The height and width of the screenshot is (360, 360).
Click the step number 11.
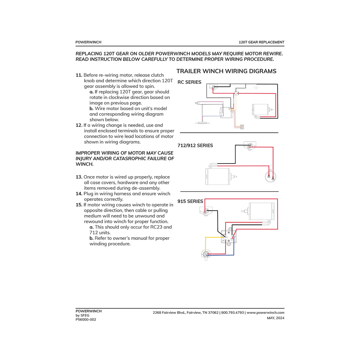pyautogui.click(x=79, y=75)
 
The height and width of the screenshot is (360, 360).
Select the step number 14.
pyautogui.click(x=79, y=193)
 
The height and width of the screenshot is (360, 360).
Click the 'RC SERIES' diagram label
pyautogui.click(x=189, y=82)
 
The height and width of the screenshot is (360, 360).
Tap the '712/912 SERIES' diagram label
pyautogui.click(x=195, y=145)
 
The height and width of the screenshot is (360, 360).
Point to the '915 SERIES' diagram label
pyautogui.click(x=190, y=201)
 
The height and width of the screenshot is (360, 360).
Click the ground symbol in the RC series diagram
pyautogui.click(x=256, y=87)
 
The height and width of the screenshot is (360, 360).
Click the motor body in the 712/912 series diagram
pyautogui.click(x=217, y=176)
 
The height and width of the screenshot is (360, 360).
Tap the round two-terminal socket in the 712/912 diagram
pyautogui.click(x=271, y=176)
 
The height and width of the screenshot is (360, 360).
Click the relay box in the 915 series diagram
pyautogui.click(x=229, y=237)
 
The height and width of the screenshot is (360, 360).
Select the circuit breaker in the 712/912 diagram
pyautogui.click(x=250, y=145)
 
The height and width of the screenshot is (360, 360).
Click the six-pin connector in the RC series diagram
pyautogui.click(x=242, y=127)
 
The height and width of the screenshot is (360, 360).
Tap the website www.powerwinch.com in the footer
pyautogui.click(x=265, y=313)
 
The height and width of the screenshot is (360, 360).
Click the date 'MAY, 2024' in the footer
pyautogui.click(x=276, y=318)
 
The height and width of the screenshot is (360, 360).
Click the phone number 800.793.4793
pyautogui.click(x=232, y=313)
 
